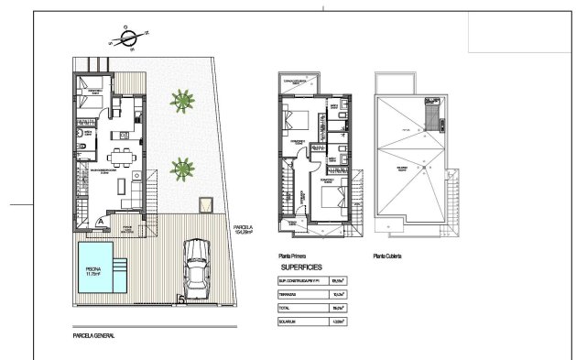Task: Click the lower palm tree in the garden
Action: click(x=183, y=167)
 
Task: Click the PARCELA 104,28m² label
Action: click(x=243, y=230)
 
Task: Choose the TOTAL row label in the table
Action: click(x=284, y=309)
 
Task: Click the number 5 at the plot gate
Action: click(x=181, y=299)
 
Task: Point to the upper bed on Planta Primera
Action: click(x=299, y=120)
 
